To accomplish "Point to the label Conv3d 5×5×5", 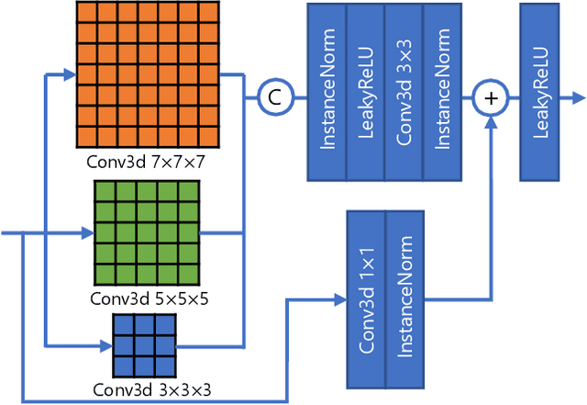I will coord(147,298).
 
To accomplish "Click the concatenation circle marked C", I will coord(272,94).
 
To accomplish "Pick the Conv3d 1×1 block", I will coord(365,298).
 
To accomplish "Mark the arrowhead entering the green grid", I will coord(88,233).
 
